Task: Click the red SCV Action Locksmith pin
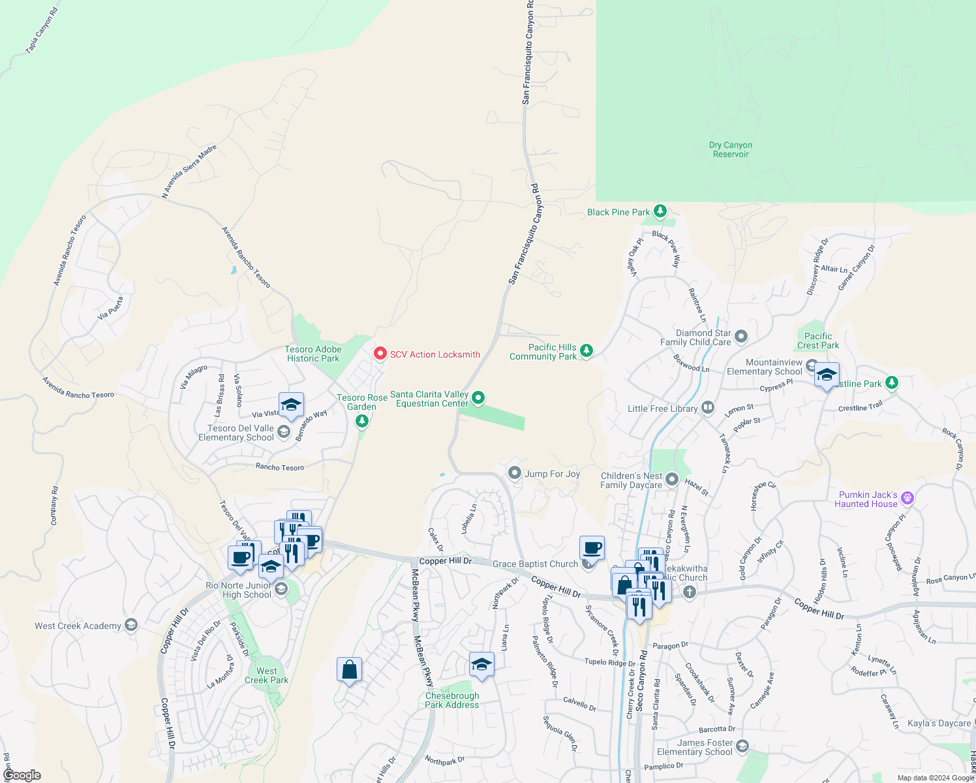click(x=380, y=353)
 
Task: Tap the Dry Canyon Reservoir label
click(x=731, y=149)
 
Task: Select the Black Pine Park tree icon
click(x=660, y=211)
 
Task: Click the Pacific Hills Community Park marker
click(x=587, y=351)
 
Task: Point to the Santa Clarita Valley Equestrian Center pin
click(x=478, y=397)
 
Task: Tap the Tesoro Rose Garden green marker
click(x=362, y=421)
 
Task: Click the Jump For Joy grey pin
click(x=515, y=472)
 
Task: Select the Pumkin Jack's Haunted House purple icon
click(x=907, y=499)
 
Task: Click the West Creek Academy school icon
click(x=131, y=625)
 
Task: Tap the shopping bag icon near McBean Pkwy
click(x=349, y=670)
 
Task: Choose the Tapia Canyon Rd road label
click(x=42, y=31)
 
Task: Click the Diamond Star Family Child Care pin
click(x=741, y=337)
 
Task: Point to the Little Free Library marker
click(x=708, y=408)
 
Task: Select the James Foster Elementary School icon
click(x=742, y=746)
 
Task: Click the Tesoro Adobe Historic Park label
click(x=313, y=354)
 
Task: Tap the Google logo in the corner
click(x=22, y=775)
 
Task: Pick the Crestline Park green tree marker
click(x=892, y=383)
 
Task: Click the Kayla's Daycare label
click(x=939, y=723)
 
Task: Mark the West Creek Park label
click(x=266, y=675)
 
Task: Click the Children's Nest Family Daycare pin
click(x=673, y=480)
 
